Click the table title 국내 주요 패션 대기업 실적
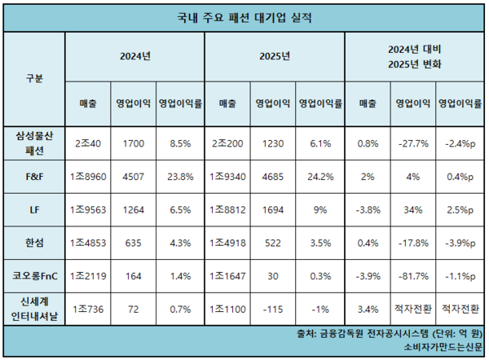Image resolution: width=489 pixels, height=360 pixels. click(x=244, y=16)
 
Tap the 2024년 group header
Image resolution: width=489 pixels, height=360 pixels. click(x=135, y=57)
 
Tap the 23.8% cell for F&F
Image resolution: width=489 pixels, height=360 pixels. click(x=178, y=176)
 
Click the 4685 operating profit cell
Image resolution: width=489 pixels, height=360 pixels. click(x=270, y=176)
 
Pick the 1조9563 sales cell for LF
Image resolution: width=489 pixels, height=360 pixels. click(x=89, y=209)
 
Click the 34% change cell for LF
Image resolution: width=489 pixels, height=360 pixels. click(x=412, y=209)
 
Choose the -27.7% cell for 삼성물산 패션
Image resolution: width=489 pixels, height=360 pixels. click(x=412, y=143)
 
